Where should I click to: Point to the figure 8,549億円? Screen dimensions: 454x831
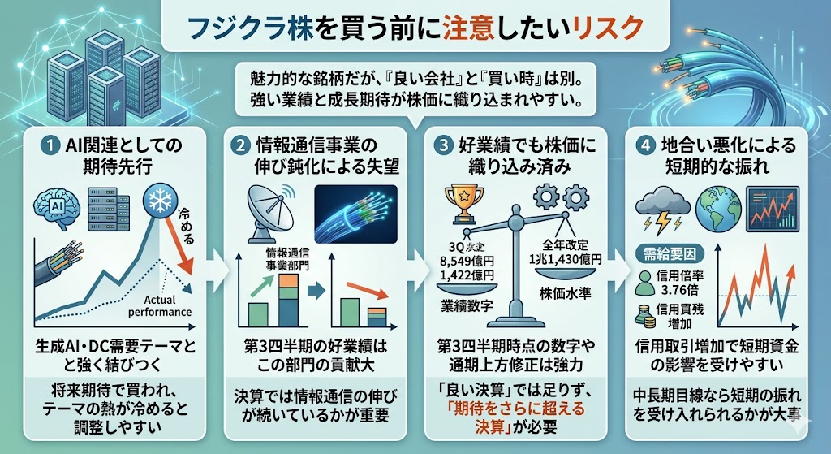(478, 262)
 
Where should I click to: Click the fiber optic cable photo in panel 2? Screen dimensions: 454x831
(354, 214)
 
